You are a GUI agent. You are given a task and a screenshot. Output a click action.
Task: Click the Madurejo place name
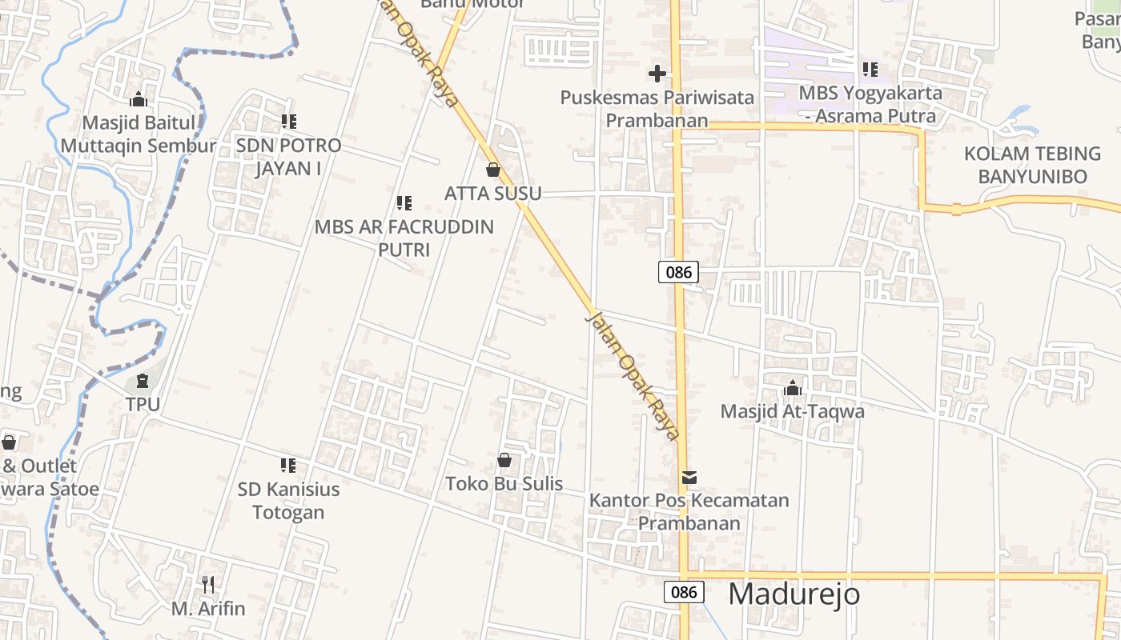pos(794,594)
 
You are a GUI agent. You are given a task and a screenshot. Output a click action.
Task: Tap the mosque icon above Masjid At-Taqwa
pos(793,389)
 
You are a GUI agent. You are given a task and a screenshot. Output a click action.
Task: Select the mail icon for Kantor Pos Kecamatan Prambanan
pos(689,478)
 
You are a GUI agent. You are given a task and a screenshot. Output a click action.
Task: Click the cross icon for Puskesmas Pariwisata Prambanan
pos(657,74)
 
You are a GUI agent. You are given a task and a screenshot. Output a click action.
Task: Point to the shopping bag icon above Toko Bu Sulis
pos(504,460)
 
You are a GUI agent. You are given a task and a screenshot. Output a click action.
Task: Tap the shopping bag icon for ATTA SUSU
pos(493,170)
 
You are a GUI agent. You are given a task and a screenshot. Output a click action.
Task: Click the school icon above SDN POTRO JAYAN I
pos(288,122)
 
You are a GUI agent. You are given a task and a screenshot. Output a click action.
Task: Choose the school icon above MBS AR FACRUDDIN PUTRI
pos(404,203)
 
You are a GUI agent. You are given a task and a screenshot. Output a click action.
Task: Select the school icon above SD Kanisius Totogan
pos(288,466)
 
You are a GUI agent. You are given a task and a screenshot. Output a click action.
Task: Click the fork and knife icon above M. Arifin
pos(208,585)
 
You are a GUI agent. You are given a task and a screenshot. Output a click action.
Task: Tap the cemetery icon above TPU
pos(143,381)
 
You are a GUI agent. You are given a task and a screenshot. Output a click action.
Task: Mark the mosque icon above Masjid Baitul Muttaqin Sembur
pos(139,99)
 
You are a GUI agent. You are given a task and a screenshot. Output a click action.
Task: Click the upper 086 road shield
pos(678,272)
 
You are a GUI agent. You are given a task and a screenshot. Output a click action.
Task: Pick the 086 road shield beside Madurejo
pos(683,592)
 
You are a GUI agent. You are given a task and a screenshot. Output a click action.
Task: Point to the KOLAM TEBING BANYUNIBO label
pos(1032,165)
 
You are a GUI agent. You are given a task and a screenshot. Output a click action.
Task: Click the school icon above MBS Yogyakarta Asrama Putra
pos(870,70)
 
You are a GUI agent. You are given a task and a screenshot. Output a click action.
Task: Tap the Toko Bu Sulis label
pos(504,484)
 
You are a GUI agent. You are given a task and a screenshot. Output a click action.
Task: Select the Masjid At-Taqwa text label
pos(793,411)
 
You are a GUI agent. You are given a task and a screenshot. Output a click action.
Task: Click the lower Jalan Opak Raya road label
pos(633,375)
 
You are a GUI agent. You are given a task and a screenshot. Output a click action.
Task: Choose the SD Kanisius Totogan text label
pos(288,501)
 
